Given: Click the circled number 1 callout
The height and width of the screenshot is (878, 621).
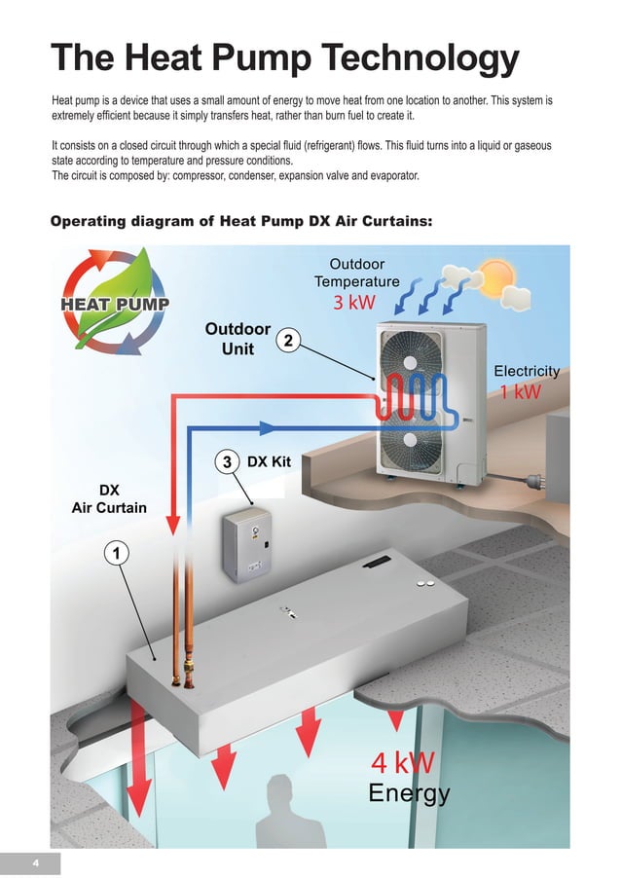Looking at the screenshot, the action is tap(116, 553).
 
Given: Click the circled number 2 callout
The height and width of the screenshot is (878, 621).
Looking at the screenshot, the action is tap(289, 340).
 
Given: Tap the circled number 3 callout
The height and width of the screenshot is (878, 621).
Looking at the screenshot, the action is tap(226, 462).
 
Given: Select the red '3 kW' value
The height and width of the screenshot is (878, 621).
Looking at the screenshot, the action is tap(353, 303).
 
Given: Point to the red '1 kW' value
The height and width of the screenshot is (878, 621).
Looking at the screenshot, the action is tap(521, 391).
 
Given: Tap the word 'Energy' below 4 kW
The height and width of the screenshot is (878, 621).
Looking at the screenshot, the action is tap(409, 794).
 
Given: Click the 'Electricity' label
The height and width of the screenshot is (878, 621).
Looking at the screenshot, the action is tap(527, 371).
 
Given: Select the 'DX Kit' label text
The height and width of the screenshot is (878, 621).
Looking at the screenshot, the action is tap(271, 462).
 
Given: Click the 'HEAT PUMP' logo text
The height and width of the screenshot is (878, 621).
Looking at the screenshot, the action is tap(116, 304).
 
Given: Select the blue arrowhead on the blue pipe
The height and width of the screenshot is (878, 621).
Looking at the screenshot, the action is tap(269, 426).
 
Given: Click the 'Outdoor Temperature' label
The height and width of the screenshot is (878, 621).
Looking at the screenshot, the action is tap(356, 273).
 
